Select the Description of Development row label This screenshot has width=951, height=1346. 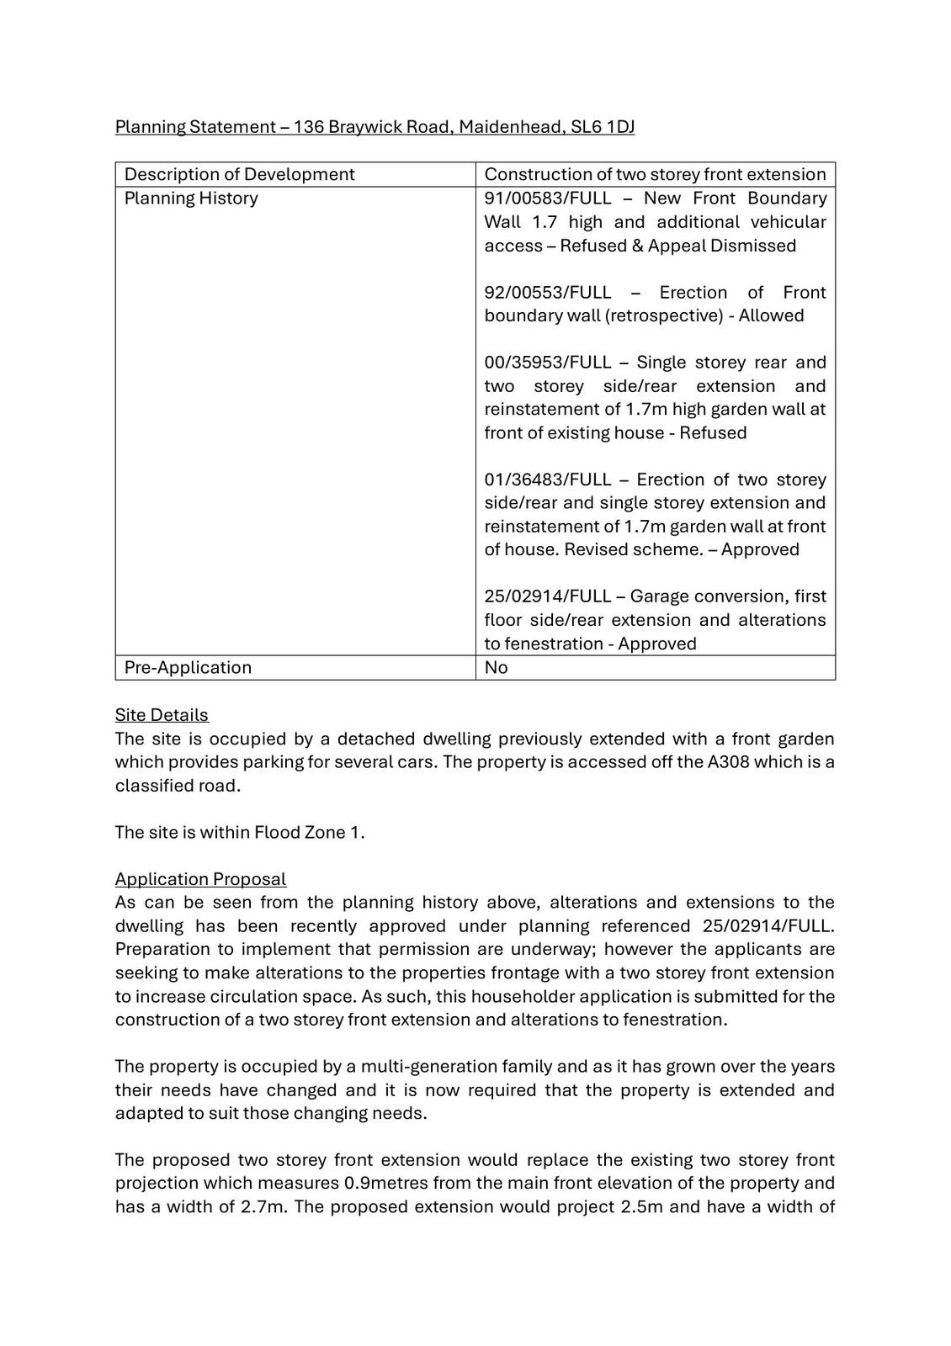[x=240, y=174]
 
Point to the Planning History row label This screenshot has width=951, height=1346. [x=191, y=199]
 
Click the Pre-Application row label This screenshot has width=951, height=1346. [x=188, y=668]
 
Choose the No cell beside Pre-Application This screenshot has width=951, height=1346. [x=497, y=668]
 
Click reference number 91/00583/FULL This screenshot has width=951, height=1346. [x=548, y=199]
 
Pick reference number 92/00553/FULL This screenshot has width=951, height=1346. [x=548, y=293]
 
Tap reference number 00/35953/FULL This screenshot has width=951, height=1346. [x=548, y=363]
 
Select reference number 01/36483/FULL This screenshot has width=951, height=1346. [x=548, y=480]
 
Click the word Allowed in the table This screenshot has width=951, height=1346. [x=771, y=315]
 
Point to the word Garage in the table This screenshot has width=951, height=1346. [x=660, y=596]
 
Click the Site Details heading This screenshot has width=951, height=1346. [x=162, y=715]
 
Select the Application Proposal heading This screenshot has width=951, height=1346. [x=200, y=879]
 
